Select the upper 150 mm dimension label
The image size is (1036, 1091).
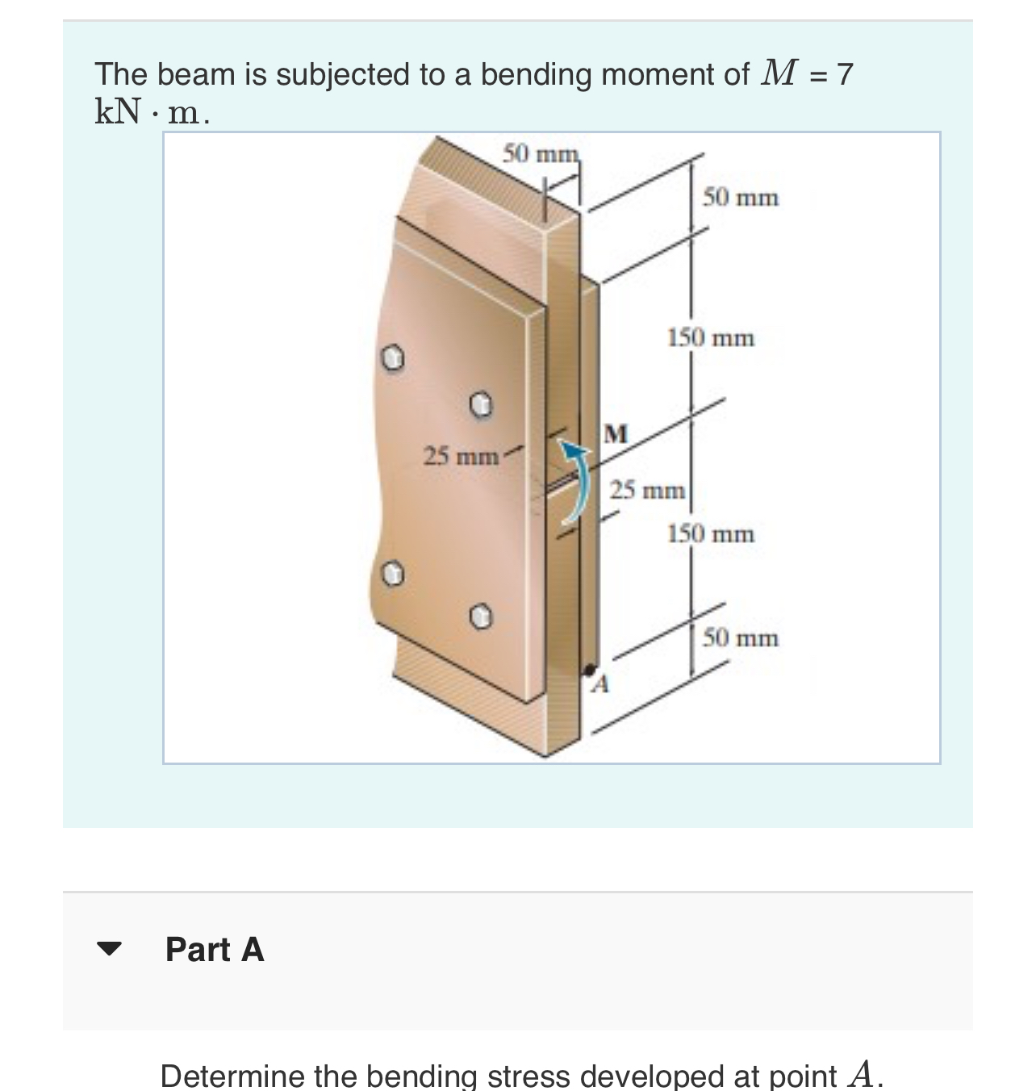point(710,337)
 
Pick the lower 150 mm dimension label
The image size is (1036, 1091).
point(710,533)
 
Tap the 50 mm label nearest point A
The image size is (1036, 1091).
point(740,638)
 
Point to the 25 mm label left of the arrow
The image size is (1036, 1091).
point(462,456)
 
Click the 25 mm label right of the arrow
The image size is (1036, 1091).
point(647,490)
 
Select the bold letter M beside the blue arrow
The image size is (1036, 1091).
point(616,433)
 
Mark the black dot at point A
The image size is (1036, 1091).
point(590,669)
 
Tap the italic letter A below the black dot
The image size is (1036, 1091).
point(599,686)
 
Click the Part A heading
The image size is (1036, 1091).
point(215,950)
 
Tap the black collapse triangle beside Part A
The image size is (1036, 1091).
point(109,949)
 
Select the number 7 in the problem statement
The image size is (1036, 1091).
point(844,74)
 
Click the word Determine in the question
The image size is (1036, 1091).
point(232,1076)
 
